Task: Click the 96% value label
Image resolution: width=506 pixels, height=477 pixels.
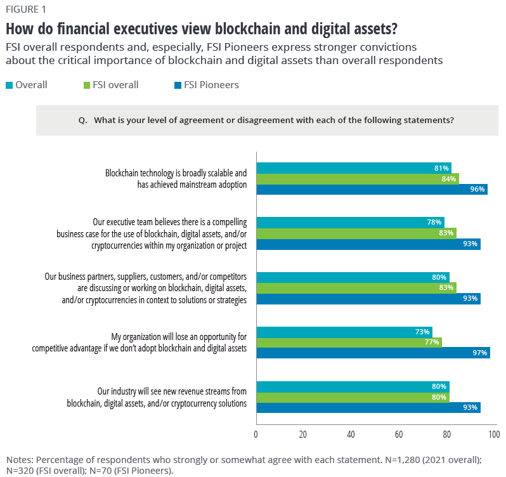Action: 477,189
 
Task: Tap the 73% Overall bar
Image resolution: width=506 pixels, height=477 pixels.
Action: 343,331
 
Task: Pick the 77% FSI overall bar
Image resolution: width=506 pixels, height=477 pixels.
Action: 348,342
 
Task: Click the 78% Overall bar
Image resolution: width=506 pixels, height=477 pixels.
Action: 349,222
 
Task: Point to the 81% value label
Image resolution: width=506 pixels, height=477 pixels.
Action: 442,168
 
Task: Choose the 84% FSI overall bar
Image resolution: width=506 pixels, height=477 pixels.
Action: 356,178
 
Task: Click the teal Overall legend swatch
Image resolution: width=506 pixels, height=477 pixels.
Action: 9,85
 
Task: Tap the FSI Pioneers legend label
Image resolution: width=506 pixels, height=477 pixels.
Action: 211,85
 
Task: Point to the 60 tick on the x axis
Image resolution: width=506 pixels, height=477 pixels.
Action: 399,435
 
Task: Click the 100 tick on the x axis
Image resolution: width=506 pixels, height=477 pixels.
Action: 493,435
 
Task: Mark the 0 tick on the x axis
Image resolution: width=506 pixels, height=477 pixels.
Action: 256,435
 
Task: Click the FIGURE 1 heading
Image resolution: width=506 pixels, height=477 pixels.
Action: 26,10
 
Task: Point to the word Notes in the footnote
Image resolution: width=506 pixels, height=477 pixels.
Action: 20,459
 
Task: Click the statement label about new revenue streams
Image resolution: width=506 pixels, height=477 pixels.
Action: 157,396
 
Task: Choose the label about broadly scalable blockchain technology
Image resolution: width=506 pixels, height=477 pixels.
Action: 176,178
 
